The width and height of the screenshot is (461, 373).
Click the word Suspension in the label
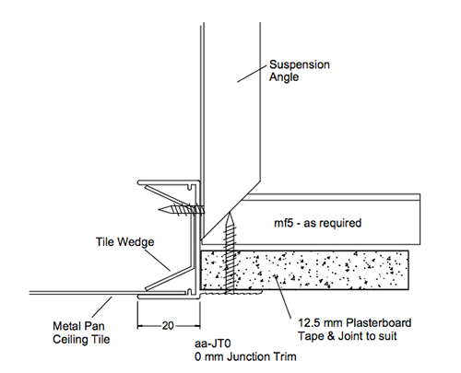click(300, 64)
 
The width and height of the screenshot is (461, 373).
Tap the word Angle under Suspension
click(284, 77)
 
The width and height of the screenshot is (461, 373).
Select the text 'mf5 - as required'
click(317, 223)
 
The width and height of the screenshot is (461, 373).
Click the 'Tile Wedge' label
click(124, 242)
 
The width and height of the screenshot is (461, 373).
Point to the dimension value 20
click(168, 326)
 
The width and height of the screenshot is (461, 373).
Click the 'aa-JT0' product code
click(213, 344)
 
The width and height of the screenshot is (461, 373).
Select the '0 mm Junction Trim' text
click(245, 356)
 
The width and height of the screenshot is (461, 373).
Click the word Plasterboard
click(379, 323)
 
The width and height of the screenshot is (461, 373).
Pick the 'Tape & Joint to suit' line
click(348, 336)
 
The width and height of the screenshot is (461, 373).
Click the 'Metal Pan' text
click(78, 326)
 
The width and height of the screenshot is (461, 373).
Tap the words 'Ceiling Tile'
click(81, 340)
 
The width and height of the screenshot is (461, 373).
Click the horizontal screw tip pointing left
click(160, 209)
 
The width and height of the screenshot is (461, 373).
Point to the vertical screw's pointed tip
click(230, 213)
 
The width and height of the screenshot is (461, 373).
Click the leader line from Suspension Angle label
click(252, 74)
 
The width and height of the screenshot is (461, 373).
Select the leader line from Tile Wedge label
click(158, 260)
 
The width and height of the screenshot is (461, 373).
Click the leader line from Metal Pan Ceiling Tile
click(101, 307)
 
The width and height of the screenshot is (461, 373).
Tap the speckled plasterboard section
click(304, 270)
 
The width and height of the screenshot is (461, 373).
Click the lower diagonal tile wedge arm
click(169, 278)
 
